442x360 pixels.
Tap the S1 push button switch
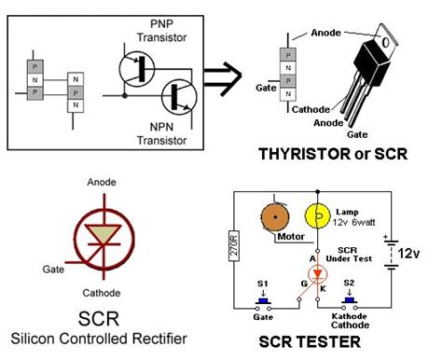coord(262,302)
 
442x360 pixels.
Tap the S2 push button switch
coord(352,301)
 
